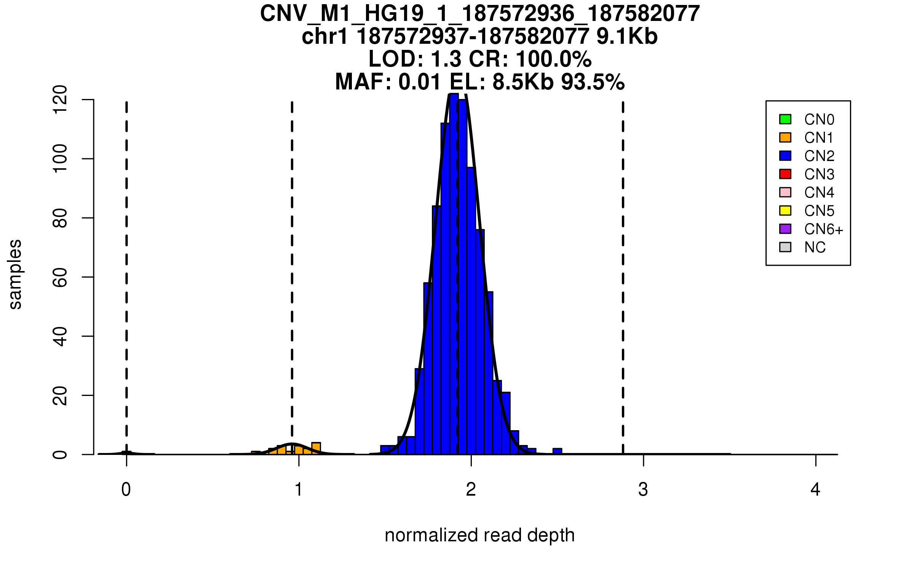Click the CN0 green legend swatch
[785, 119]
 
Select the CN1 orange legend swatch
[785, 137]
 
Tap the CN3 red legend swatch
[785, 174]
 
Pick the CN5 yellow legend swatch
[785, 211]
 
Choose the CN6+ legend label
[823, 229]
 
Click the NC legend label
[815, 247]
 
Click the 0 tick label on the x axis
[126, 490]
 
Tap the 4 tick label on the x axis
[815, 490]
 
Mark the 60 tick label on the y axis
[60, 277]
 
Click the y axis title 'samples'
[15, 274]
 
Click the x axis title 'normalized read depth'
[479, 535]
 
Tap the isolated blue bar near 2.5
[557, 451]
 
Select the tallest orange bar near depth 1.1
[316, 448]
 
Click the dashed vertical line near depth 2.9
[623, 266]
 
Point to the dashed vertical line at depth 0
[126, 266]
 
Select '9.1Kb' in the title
[627, 37]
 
